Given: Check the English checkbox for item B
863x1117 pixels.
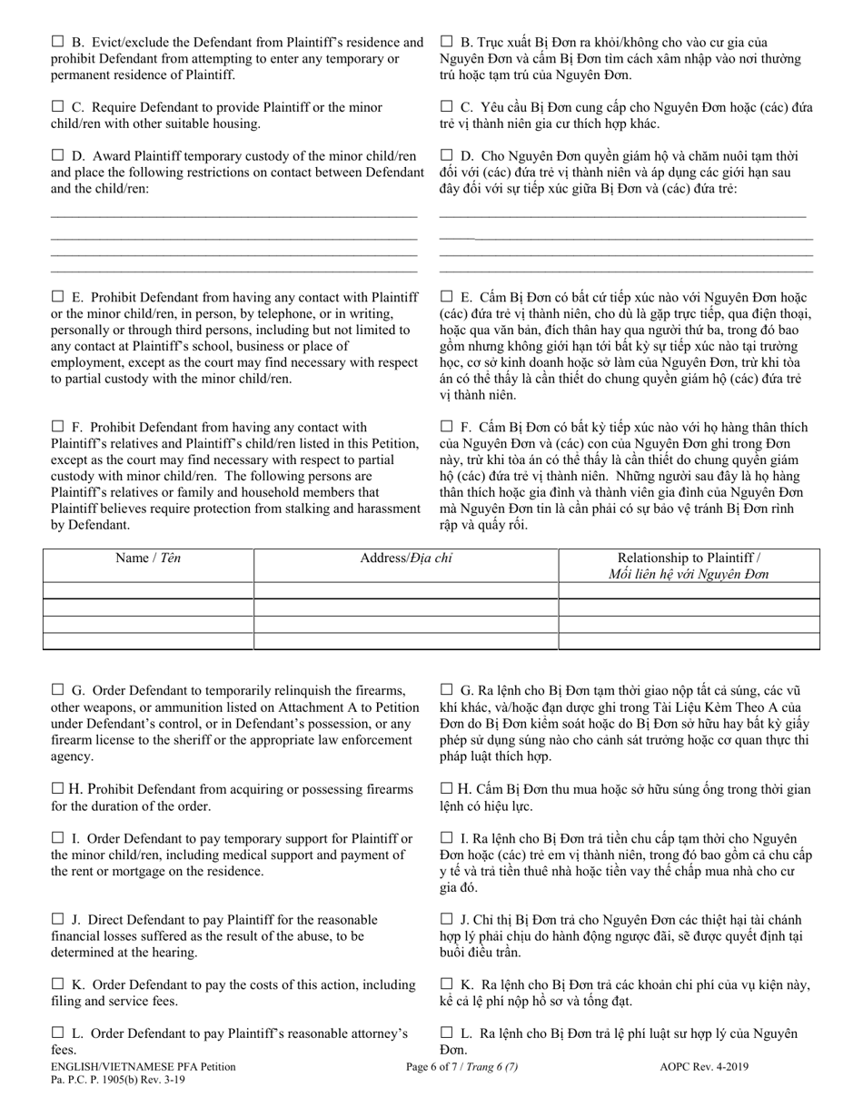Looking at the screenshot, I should tap(57, 41).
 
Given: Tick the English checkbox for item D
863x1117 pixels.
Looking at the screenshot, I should tap(57, 155).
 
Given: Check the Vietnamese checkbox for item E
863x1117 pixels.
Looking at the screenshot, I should tap(446, 296).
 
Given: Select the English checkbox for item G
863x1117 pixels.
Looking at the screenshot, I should tap(57, 689).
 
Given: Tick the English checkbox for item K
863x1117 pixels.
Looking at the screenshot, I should tap(57, 984).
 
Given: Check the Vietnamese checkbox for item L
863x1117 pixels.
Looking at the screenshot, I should tap(446, 1033).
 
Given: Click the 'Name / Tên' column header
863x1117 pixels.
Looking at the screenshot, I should tap(148, 558).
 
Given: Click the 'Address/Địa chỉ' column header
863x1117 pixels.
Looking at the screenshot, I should tap(405, 558).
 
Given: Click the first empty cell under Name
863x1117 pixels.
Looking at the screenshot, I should tap(148, 590).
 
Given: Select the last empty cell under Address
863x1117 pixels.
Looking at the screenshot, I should tap(405, 641).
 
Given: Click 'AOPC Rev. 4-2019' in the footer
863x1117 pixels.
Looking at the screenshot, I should tap(704, 1067).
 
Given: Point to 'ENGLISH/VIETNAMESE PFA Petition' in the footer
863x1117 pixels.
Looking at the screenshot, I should tap(144, 1067).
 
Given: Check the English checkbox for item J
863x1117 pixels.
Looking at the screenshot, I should tap(57, 920).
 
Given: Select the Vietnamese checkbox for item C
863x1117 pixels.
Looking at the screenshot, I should tap(446, 106).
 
